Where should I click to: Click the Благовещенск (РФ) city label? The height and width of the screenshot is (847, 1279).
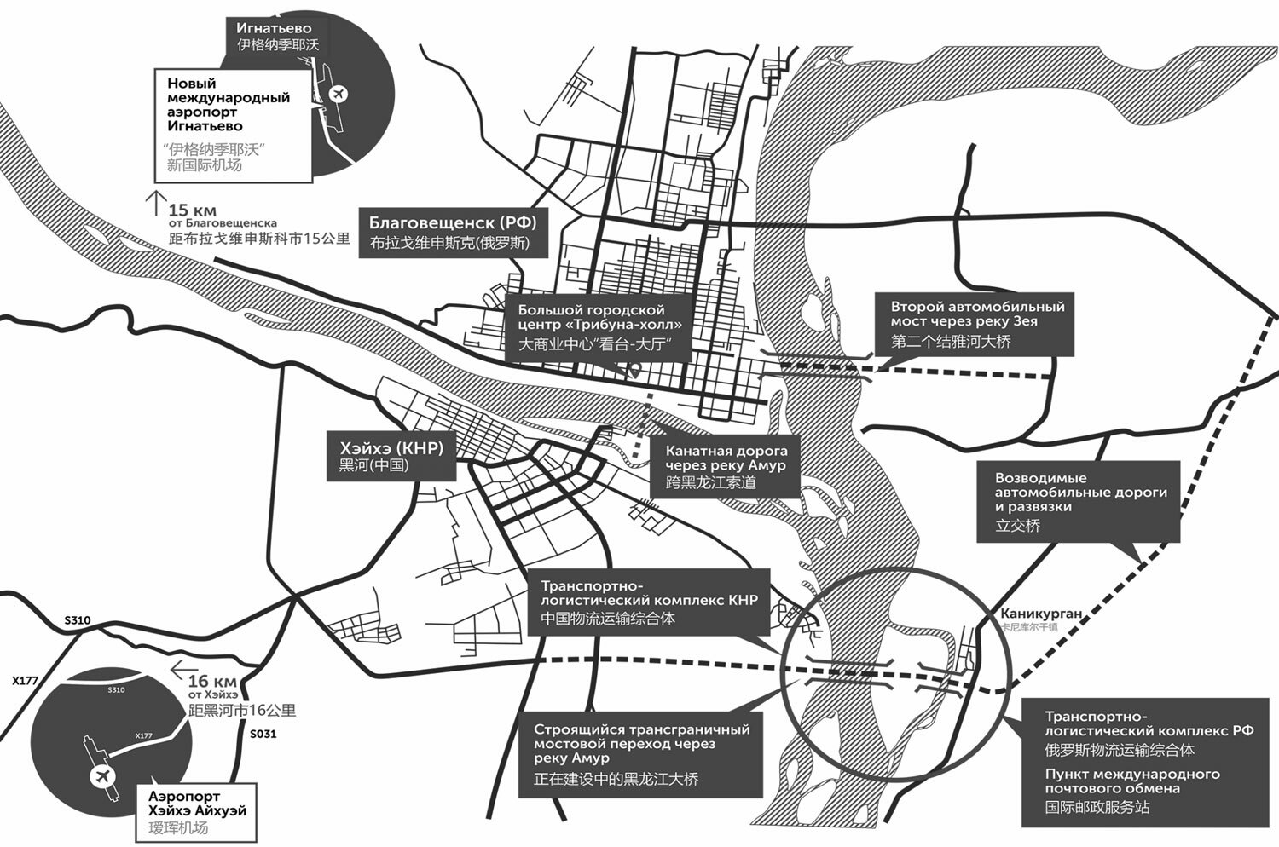452,223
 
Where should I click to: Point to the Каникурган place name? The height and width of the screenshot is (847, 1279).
1040,614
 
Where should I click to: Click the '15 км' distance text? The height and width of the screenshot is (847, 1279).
193,210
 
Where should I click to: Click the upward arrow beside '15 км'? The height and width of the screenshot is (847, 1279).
154,203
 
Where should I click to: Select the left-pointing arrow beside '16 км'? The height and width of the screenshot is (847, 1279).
178,671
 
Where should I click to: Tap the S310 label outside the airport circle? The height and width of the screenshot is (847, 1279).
77,620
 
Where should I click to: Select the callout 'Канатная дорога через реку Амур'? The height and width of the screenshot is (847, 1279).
725,466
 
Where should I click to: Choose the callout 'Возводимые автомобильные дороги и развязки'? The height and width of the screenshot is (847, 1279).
1079,502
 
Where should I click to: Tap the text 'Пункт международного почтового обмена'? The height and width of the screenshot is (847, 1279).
1132,781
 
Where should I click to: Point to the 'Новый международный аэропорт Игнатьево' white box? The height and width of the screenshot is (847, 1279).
232,124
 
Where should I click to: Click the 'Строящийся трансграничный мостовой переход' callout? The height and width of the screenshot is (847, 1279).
641,753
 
